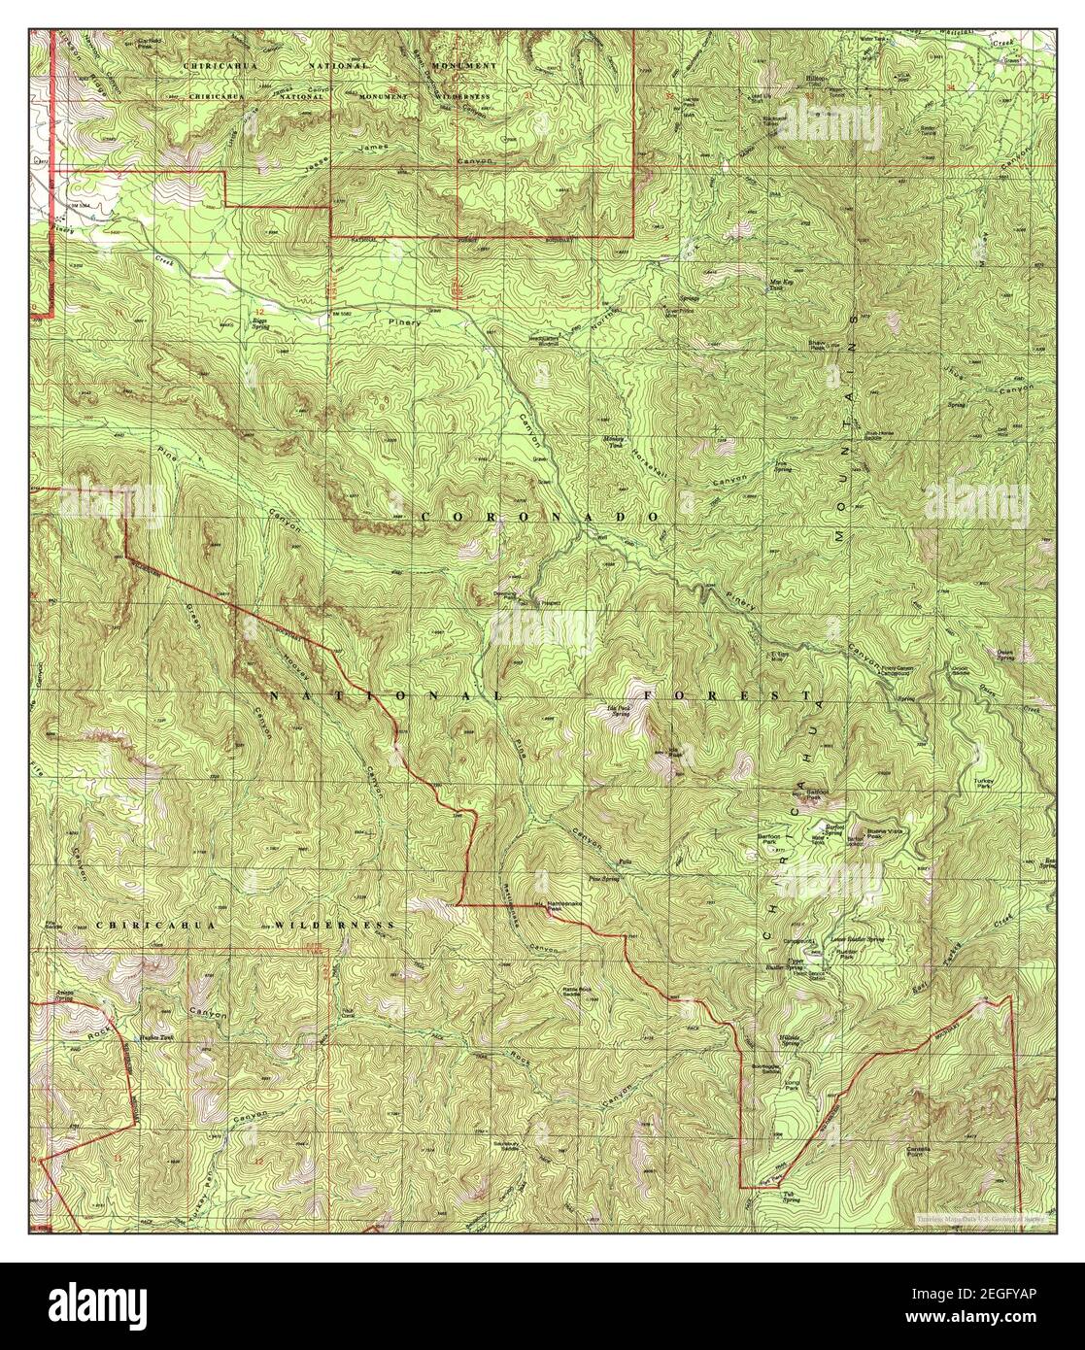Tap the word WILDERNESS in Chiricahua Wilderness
(332, 926)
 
